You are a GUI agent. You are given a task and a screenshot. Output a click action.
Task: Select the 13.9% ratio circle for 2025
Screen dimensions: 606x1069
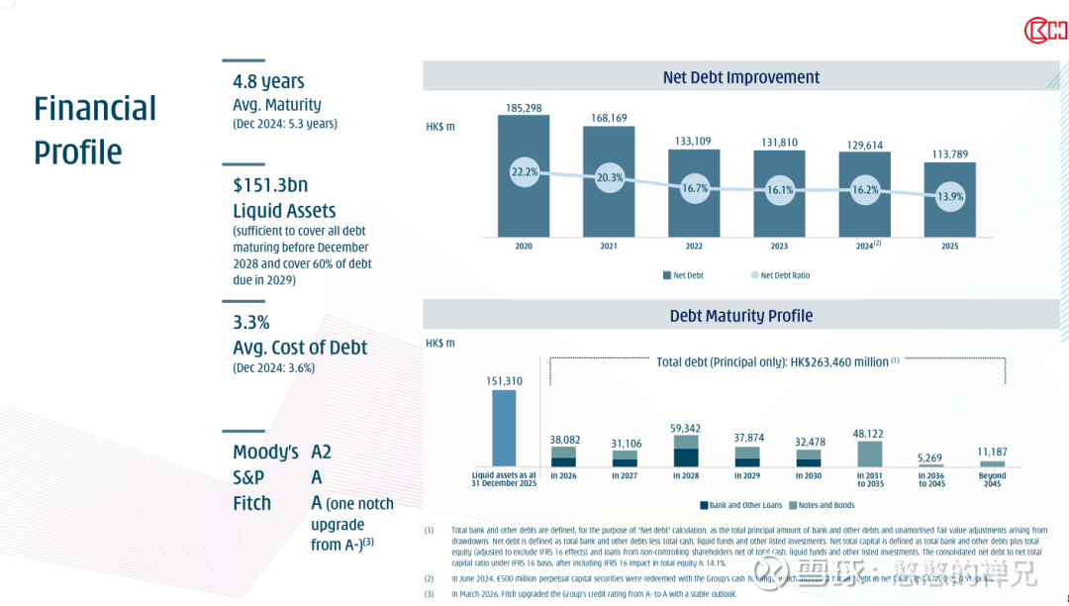coord(950,196)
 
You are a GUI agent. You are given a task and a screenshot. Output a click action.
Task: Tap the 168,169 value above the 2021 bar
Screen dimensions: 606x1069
coord(609,118)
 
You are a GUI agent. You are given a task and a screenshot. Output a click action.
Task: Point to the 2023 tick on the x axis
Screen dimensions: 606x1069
coord(779,246)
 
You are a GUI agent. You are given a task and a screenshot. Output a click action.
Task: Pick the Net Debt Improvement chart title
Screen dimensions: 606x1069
coord(741,77)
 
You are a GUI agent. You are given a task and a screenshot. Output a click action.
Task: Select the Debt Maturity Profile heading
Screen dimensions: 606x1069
coord(741,316)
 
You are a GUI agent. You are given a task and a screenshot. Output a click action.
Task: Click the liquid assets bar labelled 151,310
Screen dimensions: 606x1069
coord(504,428)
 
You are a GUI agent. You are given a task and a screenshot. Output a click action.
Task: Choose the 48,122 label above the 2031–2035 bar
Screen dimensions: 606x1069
coord(870,434)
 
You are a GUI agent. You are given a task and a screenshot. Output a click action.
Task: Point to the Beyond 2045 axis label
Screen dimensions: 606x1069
coord(992,480)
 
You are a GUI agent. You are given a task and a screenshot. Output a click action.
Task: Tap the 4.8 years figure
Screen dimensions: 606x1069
coord(268,81)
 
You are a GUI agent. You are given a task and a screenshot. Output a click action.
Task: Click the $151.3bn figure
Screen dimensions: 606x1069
coord(270,185)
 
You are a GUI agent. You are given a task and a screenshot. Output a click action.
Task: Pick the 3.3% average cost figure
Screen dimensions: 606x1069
coord(251,322)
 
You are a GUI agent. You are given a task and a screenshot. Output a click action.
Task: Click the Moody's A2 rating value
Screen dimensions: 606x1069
coord(321,452)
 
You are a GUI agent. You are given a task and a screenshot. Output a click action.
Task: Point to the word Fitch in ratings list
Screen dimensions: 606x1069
coord(251,503)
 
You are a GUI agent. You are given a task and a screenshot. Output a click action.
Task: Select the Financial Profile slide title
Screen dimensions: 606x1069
coord(95,130)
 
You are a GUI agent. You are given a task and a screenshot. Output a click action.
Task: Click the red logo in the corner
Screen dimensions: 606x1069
coord(1045,30)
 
